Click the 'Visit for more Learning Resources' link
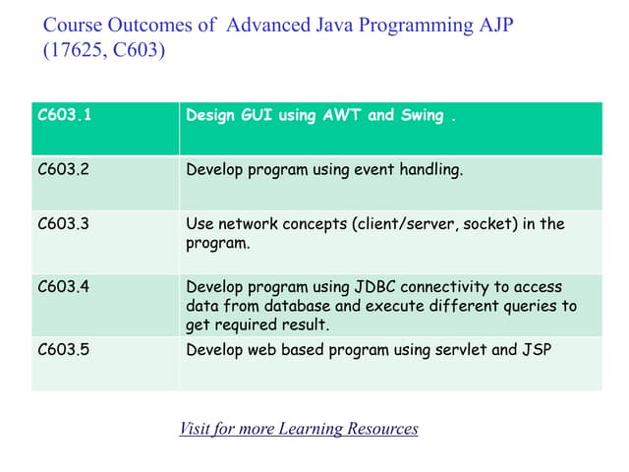point(299,429)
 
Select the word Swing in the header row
point(422,116)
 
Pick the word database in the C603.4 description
point(294,306)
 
